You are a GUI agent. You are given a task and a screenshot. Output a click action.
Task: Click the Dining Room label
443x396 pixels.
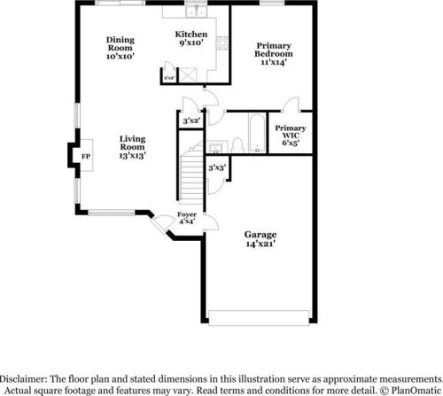(120, 48)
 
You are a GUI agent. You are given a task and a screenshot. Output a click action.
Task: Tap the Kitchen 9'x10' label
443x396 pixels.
(190, 37)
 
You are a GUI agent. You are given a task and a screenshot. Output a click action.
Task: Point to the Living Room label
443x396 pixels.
(133, 145)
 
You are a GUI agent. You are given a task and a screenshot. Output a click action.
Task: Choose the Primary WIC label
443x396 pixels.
(291, 135)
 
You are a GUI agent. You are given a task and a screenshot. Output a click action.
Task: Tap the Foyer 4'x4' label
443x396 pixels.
(187, 218)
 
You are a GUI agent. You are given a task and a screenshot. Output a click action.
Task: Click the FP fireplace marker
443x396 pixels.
(85, 157)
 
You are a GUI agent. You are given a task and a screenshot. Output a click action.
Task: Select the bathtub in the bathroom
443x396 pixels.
(254, 133)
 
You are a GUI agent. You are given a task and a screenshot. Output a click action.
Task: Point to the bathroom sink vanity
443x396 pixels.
(215, 146)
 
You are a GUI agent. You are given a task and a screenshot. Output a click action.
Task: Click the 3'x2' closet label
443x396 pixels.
(190, 120)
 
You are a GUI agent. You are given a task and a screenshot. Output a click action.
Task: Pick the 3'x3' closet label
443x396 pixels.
(217, 167)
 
